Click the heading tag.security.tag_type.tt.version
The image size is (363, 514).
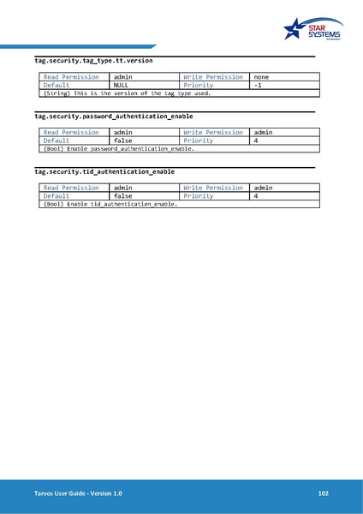(93, 62)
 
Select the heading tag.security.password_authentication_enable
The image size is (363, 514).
(113, 116)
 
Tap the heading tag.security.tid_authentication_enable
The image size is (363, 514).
(104, 171)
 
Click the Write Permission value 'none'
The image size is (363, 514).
(262, 77)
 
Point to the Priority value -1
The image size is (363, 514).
(258, 86)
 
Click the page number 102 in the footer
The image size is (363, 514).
(323, 494)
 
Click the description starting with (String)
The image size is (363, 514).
(127, 93)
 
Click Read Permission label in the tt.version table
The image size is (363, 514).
(71, 77)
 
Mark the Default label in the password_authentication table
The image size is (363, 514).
(57, 140)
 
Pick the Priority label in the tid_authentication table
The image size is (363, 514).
(198, 196)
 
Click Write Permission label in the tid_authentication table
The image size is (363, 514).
(213, 188)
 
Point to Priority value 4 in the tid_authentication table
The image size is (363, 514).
(256, 196)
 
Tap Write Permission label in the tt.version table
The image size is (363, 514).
(213, 77)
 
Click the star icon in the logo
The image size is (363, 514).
(296, 29)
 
